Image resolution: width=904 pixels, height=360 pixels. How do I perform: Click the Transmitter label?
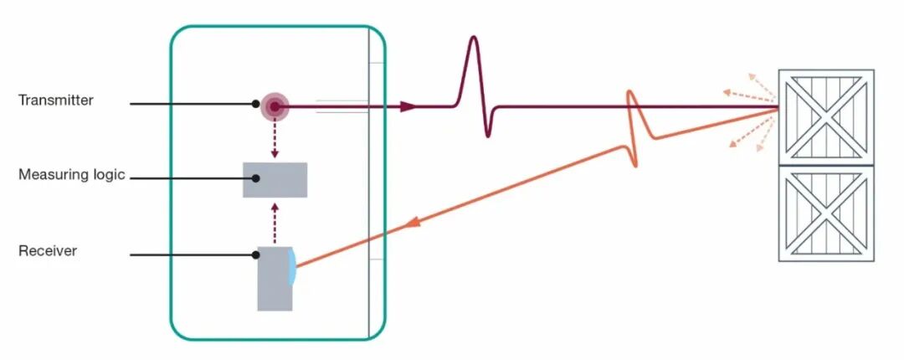click(56, 100)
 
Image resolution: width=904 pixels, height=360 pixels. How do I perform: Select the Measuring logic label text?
click(71, 174)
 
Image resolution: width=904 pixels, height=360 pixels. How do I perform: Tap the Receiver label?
click(47, 251)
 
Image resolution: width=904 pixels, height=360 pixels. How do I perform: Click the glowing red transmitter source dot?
click(275, 106)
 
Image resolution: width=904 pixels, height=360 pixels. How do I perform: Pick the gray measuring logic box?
click(275, 180)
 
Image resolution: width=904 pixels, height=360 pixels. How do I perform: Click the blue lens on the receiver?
click(293, 266)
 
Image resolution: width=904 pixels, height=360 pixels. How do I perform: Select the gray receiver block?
click(275, 279)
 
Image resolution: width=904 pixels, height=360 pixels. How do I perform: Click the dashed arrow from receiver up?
click(275, 223)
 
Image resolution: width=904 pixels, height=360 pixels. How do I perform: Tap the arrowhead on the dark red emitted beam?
click(408, 106)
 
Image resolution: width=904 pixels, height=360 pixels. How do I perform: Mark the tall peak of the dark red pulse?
click(474, 38)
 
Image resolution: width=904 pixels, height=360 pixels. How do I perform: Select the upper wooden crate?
click(826, 118)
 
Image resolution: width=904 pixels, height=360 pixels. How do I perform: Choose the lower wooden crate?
click(826, 214)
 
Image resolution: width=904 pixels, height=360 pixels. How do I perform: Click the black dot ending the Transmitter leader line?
click(255, 104)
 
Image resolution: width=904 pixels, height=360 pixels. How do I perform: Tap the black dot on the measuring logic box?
click(255, 178)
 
